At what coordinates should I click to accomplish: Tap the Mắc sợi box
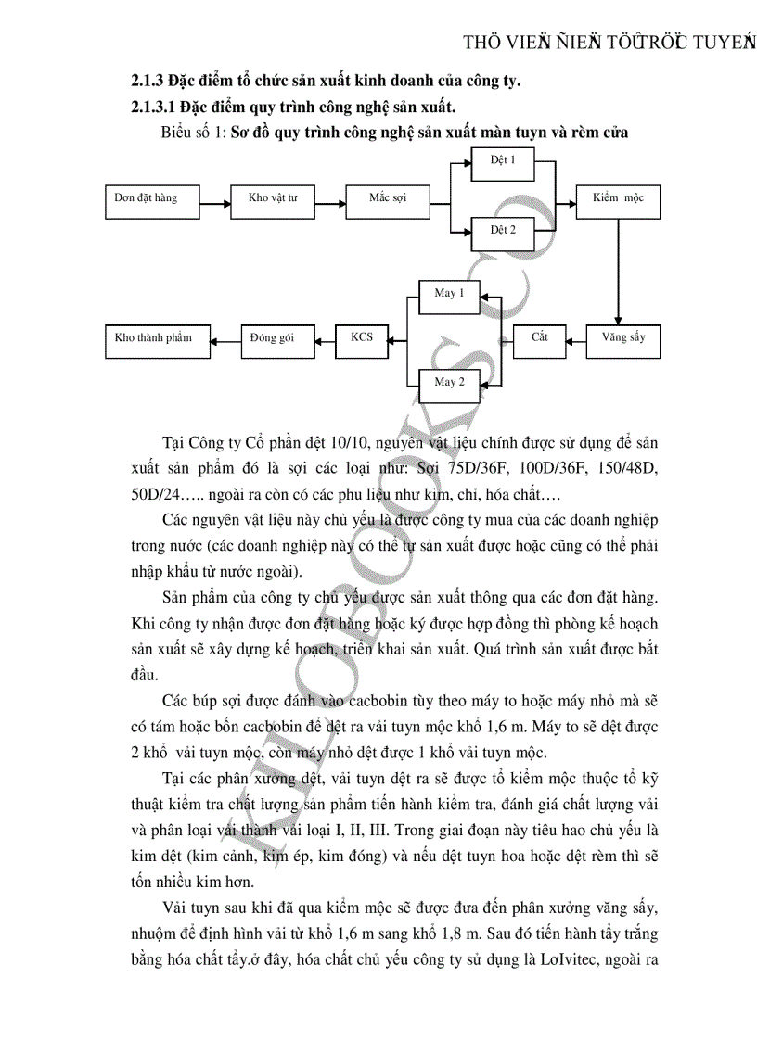pyautogui.click(x=387, y=199)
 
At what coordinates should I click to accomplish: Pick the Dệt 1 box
pyautogui.click(x=503, y=162)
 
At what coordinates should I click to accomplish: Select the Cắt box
pyautogui.click(x=539, y=338)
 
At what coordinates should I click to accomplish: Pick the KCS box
pyautogui.click(x=361, y=338)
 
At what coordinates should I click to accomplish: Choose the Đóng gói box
pyautogui.click(x=272, y=338)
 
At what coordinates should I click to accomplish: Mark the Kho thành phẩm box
pyautogui.click(x=154, y=338)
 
